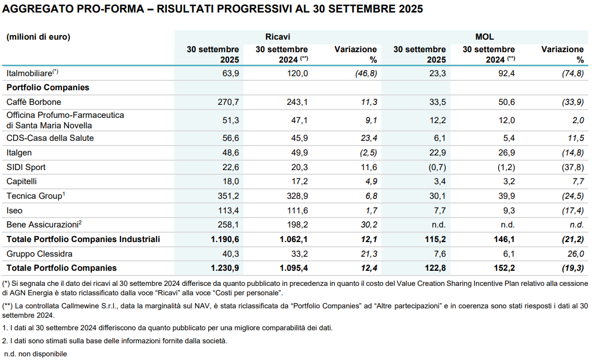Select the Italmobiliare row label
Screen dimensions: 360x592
32,73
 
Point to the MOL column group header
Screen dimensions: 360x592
485,37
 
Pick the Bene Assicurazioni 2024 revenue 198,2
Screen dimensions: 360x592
297,225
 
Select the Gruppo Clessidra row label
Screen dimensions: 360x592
39,254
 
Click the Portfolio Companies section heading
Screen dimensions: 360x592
47,88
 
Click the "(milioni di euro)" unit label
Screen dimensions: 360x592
38,37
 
